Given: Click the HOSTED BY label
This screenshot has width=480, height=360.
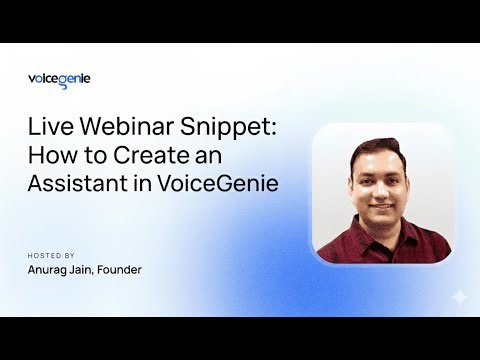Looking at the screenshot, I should [51, 254].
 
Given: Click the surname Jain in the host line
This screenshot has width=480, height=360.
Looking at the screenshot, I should [102, 270].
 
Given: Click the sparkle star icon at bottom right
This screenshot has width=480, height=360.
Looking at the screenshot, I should [459, 296].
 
